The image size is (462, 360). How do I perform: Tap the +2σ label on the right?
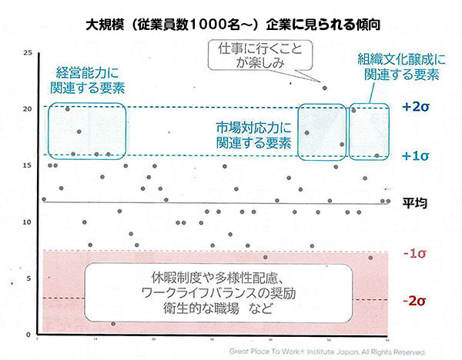click(x=414, y=108)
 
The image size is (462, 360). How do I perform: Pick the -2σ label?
click(x=414, y=299)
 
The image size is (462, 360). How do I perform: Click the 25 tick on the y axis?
click(x=28, y=52)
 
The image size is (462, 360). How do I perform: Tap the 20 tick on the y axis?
click(x=28, y=108)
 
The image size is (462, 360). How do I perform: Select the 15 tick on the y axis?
click(x=28, y=165)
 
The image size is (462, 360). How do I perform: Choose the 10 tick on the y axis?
click(x=28, y=222)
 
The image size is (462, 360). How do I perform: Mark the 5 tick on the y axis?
click(x=29, y=278)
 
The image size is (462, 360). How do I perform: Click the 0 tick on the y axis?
click(x=29, y=335)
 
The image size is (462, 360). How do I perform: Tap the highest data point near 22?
click(x=324, y=88)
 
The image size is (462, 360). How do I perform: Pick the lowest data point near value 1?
click(x=113, y=324)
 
